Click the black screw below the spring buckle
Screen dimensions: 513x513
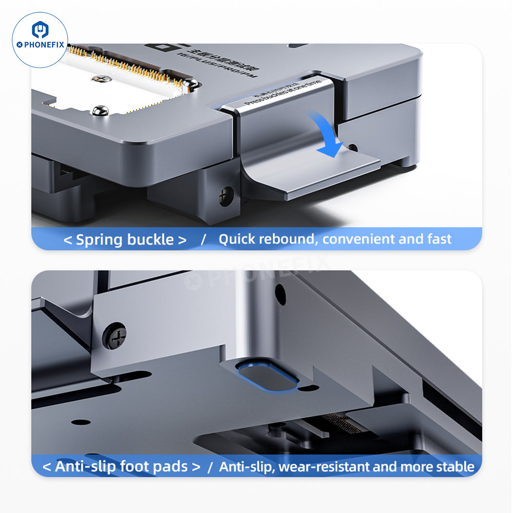226,195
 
